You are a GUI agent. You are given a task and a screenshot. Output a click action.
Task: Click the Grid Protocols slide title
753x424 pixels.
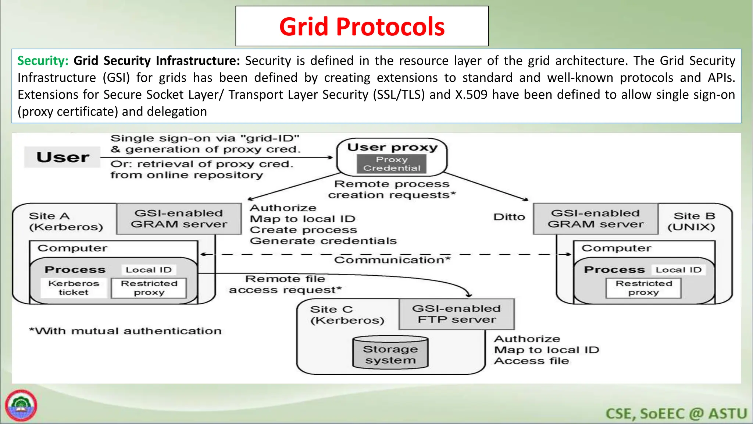(362, 26)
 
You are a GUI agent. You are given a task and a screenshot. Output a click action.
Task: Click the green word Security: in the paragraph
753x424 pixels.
(43, 61)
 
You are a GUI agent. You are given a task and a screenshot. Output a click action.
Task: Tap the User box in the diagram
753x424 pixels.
(63, 157)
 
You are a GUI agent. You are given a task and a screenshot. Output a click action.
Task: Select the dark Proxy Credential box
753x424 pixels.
(392, 164)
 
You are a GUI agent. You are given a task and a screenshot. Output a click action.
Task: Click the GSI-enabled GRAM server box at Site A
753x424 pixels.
(179, 219)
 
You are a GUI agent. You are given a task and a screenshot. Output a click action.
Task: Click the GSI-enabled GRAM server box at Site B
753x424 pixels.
(595, 219)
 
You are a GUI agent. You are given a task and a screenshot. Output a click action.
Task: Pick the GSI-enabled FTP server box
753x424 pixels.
(456, 314)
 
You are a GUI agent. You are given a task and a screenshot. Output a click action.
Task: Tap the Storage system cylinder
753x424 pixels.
(390, 353)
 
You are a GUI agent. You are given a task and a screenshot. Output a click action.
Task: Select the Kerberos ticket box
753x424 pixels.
(74, 288)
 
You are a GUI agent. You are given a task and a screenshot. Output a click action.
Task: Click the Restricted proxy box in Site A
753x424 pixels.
(149, 288)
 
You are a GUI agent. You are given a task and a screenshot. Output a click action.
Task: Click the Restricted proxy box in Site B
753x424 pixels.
(643, 288)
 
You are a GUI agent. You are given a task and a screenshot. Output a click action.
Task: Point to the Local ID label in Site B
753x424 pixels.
(678, 270)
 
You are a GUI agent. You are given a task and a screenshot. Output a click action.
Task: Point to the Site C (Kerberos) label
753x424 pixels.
(347, 315)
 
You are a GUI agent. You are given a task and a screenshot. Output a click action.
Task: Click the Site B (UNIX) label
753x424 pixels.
(692, 221)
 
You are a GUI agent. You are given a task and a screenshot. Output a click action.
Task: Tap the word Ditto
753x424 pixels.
(509, 217)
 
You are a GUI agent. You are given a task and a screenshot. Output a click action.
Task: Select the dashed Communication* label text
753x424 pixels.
(392, 260)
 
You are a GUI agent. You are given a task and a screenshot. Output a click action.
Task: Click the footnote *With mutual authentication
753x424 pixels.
(125, 331)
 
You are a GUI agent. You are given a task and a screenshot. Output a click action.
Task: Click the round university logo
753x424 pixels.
(21, 406)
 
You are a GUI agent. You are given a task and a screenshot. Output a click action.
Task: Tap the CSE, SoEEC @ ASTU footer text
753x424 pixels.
(676, 414)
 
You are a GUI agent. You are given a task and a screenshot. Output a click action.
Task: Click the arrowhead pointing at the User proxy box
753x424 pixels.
(330, 158)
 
